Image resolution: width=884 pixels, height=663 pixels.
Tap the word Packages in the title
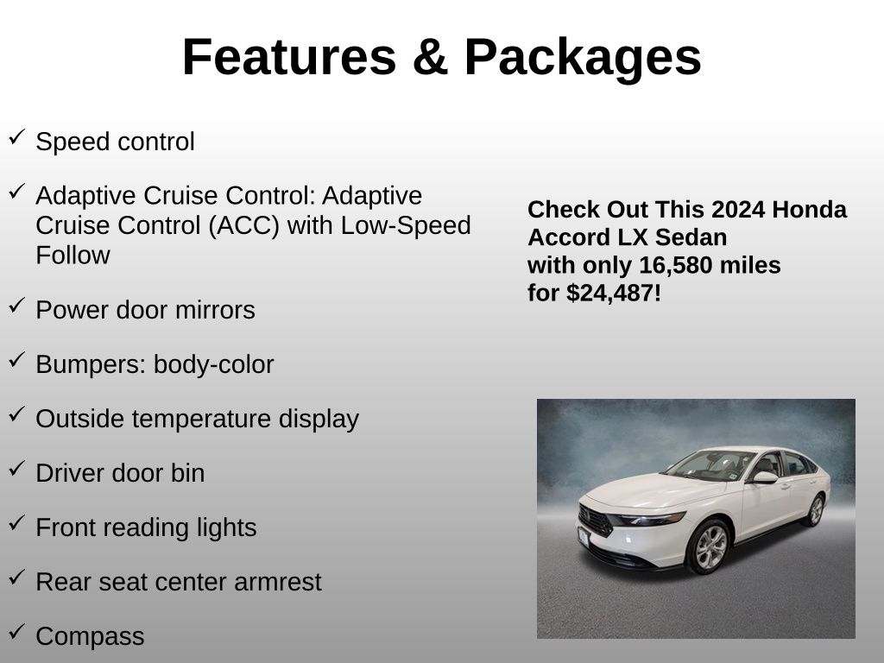point(583,60)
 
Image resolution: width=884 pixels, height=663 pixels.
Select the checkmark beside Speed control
point(17,137)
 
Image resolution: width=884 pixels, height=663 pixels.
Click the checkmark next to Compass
point(17,631)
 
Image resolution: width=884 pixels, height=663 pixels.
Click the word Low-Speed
point(406,225)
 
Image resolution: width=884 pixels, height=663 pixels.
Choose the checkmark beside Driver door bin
point(17,469)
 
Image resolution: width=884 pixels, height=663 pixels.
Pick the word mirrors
point(215,310)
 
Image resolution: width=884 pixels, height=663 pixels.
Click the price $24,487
point(610,294)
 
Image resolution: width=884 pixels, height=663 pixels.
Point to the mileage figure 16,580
point(674,265)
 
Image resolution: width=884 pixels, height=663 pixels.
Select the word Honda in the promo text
point(809,209)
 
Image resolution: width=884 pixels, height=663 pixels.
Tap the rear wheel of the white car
point(815,510)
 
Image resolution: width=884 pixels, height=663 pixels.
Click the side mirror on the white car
point(765,477)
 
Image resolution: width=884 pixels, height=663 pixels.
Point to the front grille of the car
point(596,521)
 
